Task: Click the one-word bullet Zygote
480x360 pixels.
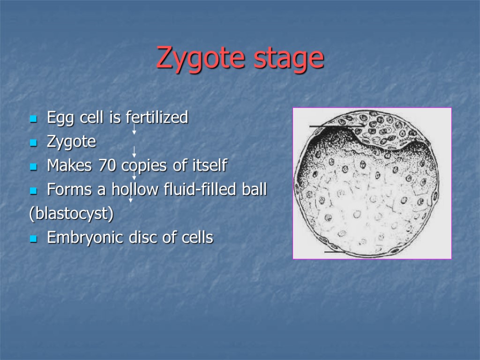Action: [71, 142]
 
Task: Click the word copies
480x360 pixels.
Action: [145, 165]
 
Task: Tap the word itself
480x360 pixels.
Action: [207, 165]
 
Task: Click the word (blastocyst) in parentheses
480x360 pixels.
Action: [71, 214]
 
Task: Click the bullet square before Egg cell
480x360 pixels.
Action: [33, 119]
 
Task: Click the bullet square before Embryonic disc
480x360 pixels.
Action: [33, 239]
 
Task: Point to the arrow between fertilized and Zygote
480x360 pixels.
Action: [134, 129]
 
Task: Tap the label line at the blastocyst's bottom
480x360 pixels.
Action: [336, 252]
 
